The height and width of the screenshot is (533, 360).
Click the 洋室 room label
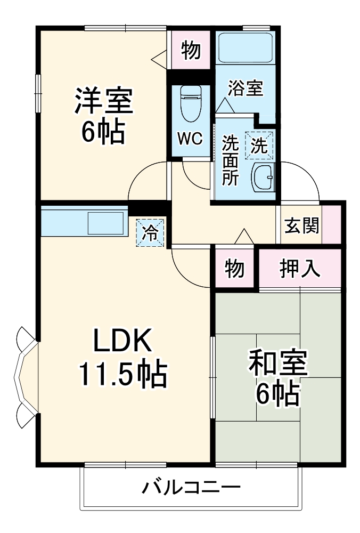tap(103, 100)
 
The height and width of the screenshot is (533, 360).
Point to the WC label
tap(190, 139)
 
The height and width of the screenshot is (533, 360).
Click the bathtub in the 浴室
tap(246, 49)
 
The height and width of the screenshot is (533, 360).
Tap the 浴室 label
tap(246, 88)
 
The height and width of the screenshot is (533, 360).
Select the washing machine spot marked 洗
tap(259, 145)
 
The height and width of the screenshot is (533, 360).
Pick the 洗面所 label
tap(230, 160)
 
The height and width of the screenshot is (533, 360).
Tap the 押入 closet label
tap(300, 269)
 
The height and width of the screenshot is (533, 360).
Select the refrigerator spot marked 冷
tap(151, 233)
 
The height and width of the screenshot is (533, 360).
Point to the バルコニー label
tap(191, 487)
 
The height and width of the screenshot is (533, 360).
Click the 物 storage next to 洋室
tap(191, 51)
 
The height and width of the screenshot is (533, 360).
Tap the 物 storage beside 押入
tap(235, 269)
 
